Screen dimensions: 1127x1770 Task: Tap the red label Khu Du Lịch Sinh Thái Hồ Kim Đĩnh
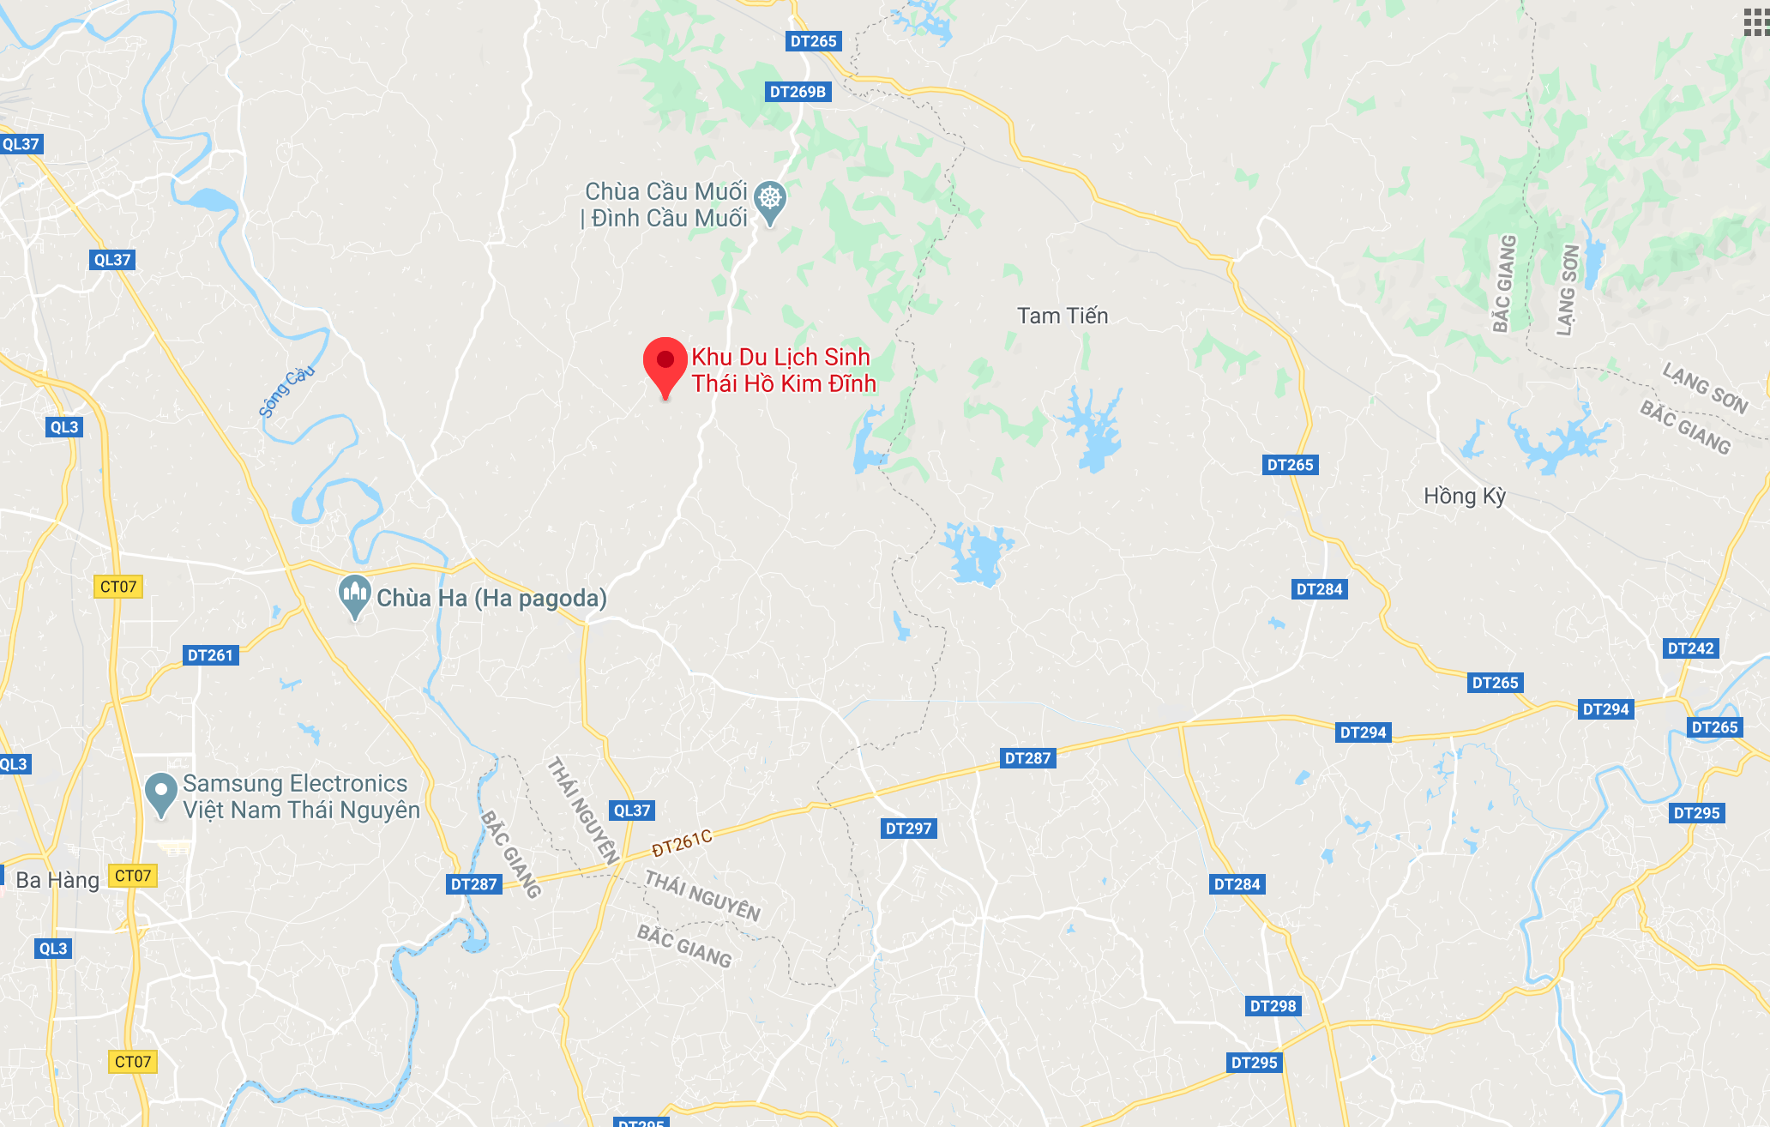[x=783, y=371]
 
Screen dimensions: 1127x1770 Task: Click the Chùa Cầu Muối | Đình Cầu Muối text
[x=665, y=205]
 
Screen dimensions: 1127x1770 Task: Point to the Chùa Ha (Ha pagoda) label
[x=491, y=598]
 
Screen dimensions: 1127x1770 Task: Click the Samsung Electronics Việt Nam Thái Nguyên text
[x=301, y=797]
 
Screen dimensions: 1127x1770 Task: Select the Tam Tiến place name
[x=1063, y=316]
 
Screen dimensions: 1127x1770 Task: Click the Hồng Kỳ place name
[x=1465, y=497]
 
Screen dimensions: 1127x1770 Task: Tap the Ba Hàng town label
[x=57, y=880]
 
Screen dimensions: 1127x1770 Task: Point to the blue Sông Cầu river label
[x=286, y=391]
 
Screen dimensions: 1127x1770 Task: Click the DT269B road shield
[x=798, y=92]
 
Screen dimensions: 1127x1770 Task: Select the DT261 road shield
[x=210, y=655]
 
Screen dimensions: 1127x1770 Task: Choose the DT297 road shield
[x=908, y=829]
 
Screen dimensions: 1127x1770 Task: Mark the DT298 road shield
[x=1273, y=1006]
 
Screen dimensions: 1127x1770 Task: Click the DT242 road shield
[x=1690, y=648]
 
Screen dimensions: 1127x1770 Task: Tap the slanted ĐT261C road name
[x=682, y=843]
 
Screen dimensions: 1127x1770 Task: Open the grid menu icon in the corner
[x=1755, y=22]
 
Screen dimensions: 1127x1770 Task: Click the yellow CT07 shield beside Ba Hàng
[x=133, y=876]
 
